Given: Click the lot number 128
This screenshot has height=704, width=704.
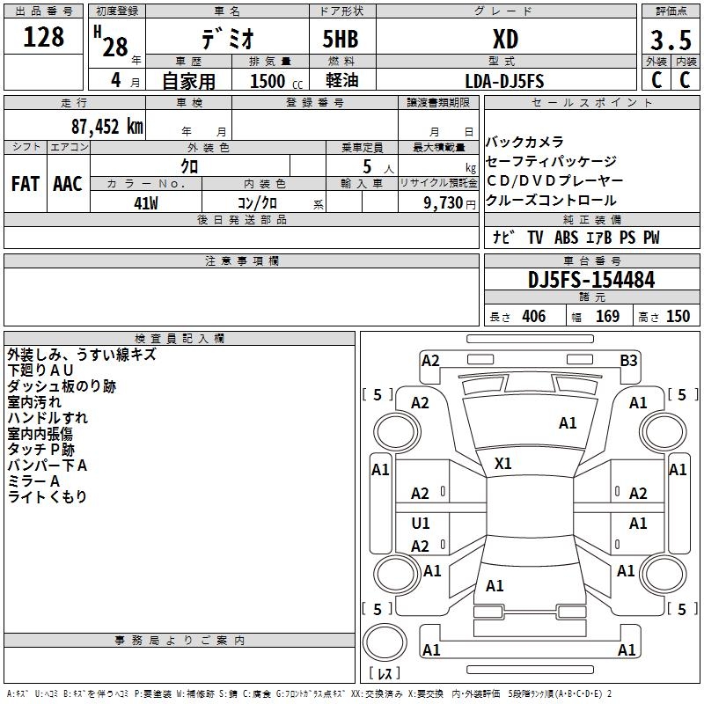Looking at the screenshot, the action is click(x=44, y=37).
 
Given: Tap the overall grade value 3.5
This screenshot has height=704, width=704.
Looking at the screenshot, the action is click(x=669, y=40).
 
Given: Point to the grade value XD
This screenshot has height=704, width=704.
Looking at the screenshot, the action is click(x=504, y=39).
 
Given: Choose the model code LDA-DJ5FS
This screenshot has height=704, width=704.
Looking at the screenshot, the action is click(x=504, y=81).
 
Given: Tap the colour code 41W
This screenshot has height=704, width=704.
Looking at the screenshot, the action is click(x=146, y=203).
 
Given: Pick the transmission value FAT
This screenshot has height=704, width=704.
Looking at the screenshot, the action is click(x=25, y=184).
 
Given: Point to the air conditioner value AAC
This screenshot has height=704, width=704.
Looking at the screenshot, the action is click(x=68, y=184).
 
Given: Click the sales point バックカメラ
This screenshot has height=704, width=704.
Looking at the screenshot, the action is click(x=524, y=142).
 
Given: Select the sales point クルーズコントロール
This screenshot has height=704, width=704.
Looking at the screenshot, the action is click(x=551, y=201).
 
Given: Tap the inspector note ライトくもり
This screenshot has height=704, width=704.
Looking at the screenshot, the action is click(x=47, y=497).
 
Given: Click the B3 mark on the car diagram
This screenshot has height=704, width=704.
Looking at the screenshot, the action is click(x=628, y=360).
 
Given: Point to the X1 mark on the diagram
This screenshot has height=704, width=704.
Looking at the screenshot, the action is click(x=503, y=463).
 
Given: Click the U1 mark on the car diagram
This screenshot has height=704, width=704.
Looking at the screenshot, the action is click(x=421, y=524).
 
